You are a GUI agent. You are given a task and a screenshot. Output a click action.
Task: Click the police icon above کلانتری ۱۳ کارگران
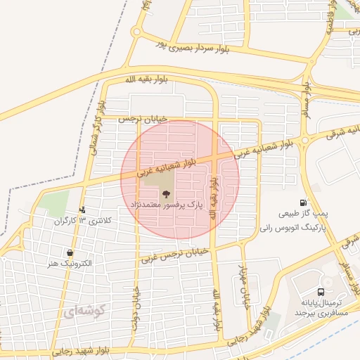click(x=83, y=209)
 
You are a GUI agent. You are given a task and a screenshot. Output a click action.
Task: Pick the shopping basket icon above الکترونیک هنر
click(x=70, y=252)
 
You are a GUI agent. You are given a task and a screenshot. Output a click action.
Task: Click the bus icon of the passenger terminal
click(x=321, y=291)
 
